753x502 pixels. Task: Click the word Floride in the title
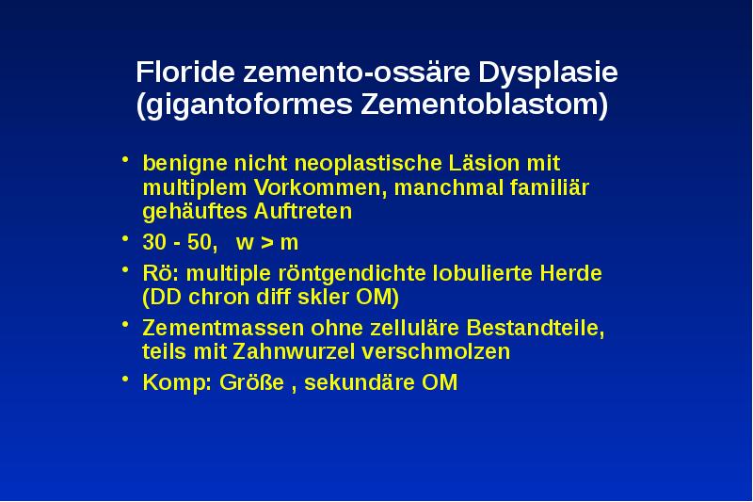tap(186, 73)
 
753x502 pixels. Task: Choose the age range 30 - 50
tap(178, 242)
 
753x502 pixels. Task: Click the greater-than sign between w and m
tap(266, 243)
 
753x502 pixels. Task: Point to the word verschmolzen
tap(453, 352)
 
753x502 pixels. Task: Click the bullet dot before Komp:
tap(127, 381)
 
